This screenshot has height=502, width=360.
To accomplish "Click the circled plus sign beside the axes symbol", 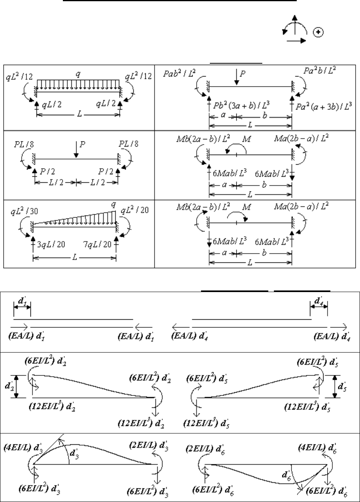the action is (x=318, y=32).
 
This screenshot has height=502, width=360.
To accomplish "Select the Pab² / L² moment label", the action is (x=179, y=73).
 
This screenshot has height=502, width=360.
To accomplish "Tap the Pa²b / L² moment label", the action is (x=320, y=71).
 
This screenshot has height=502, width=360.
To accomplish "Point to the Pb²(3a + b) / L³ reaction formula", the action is (x=241, y=105).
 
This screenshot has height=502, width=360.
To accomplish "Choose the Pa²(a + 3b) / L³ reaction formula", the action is (x=324, y=106).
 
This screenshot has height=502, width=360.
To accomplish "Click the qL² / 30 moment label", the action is (x=24, y=211).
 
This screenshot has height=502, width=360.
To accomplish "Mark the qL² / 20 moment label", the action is (x=135, y=210).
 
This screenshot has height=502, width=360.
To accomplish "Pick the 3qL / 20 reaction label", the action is (x=51, y=244).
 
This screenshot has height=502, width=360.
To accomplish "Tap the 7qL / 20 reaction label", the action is (x=97, y=244).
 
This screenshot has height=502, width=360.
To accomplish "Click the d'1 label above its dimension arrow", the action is (x=22, y=301).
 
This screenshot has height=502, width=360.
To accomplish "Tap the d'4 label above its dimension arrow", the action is (x=319, y=301).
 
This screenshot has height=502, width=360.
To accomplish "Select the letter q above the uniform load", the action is (x=78, y=74).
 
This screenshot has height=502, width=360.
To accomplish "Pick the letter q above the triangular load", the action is (x=114, y=204).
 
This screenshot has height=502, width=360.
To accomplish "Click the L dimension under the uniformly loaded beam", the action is (x=79, y=114).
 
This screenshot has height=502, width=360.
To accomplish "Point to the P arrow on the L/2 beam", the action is (x=76, y=149).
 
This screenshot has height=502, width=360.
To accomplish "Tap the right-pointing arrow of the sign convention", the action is (x=296, y=41).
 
